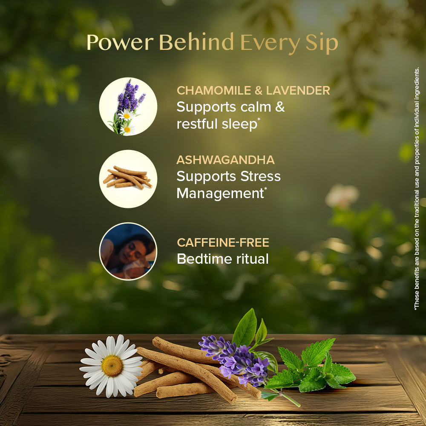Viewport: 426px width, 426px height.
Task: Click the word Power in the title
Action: coord(120,43)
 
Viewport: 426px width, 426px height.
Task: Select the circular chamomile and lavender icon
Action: coord(128,106)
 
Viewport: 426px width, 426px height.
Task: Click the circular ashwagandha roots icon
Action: coord(128,179)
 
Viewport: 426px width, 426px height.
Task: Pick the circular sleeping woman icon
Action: coord(128,251)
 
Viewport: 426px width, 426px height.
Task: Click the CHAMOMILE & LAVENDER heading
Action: coord(253,90)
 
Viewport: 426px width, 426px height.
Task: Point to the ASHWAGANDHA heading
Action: coord(225,160)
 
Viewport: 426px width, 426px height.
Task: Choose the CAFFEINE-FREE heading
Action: coord(223,243)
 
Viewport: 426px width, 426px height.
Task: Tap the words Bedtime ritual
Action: coord(222,259)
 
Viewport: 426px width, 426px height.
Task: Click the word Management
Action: coord(220,193)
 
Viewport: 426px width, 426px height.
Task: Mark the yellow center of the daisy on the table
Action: coord(112,366)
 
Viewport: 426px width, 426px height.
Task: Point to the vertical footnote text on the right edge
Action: coord(417,187)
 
